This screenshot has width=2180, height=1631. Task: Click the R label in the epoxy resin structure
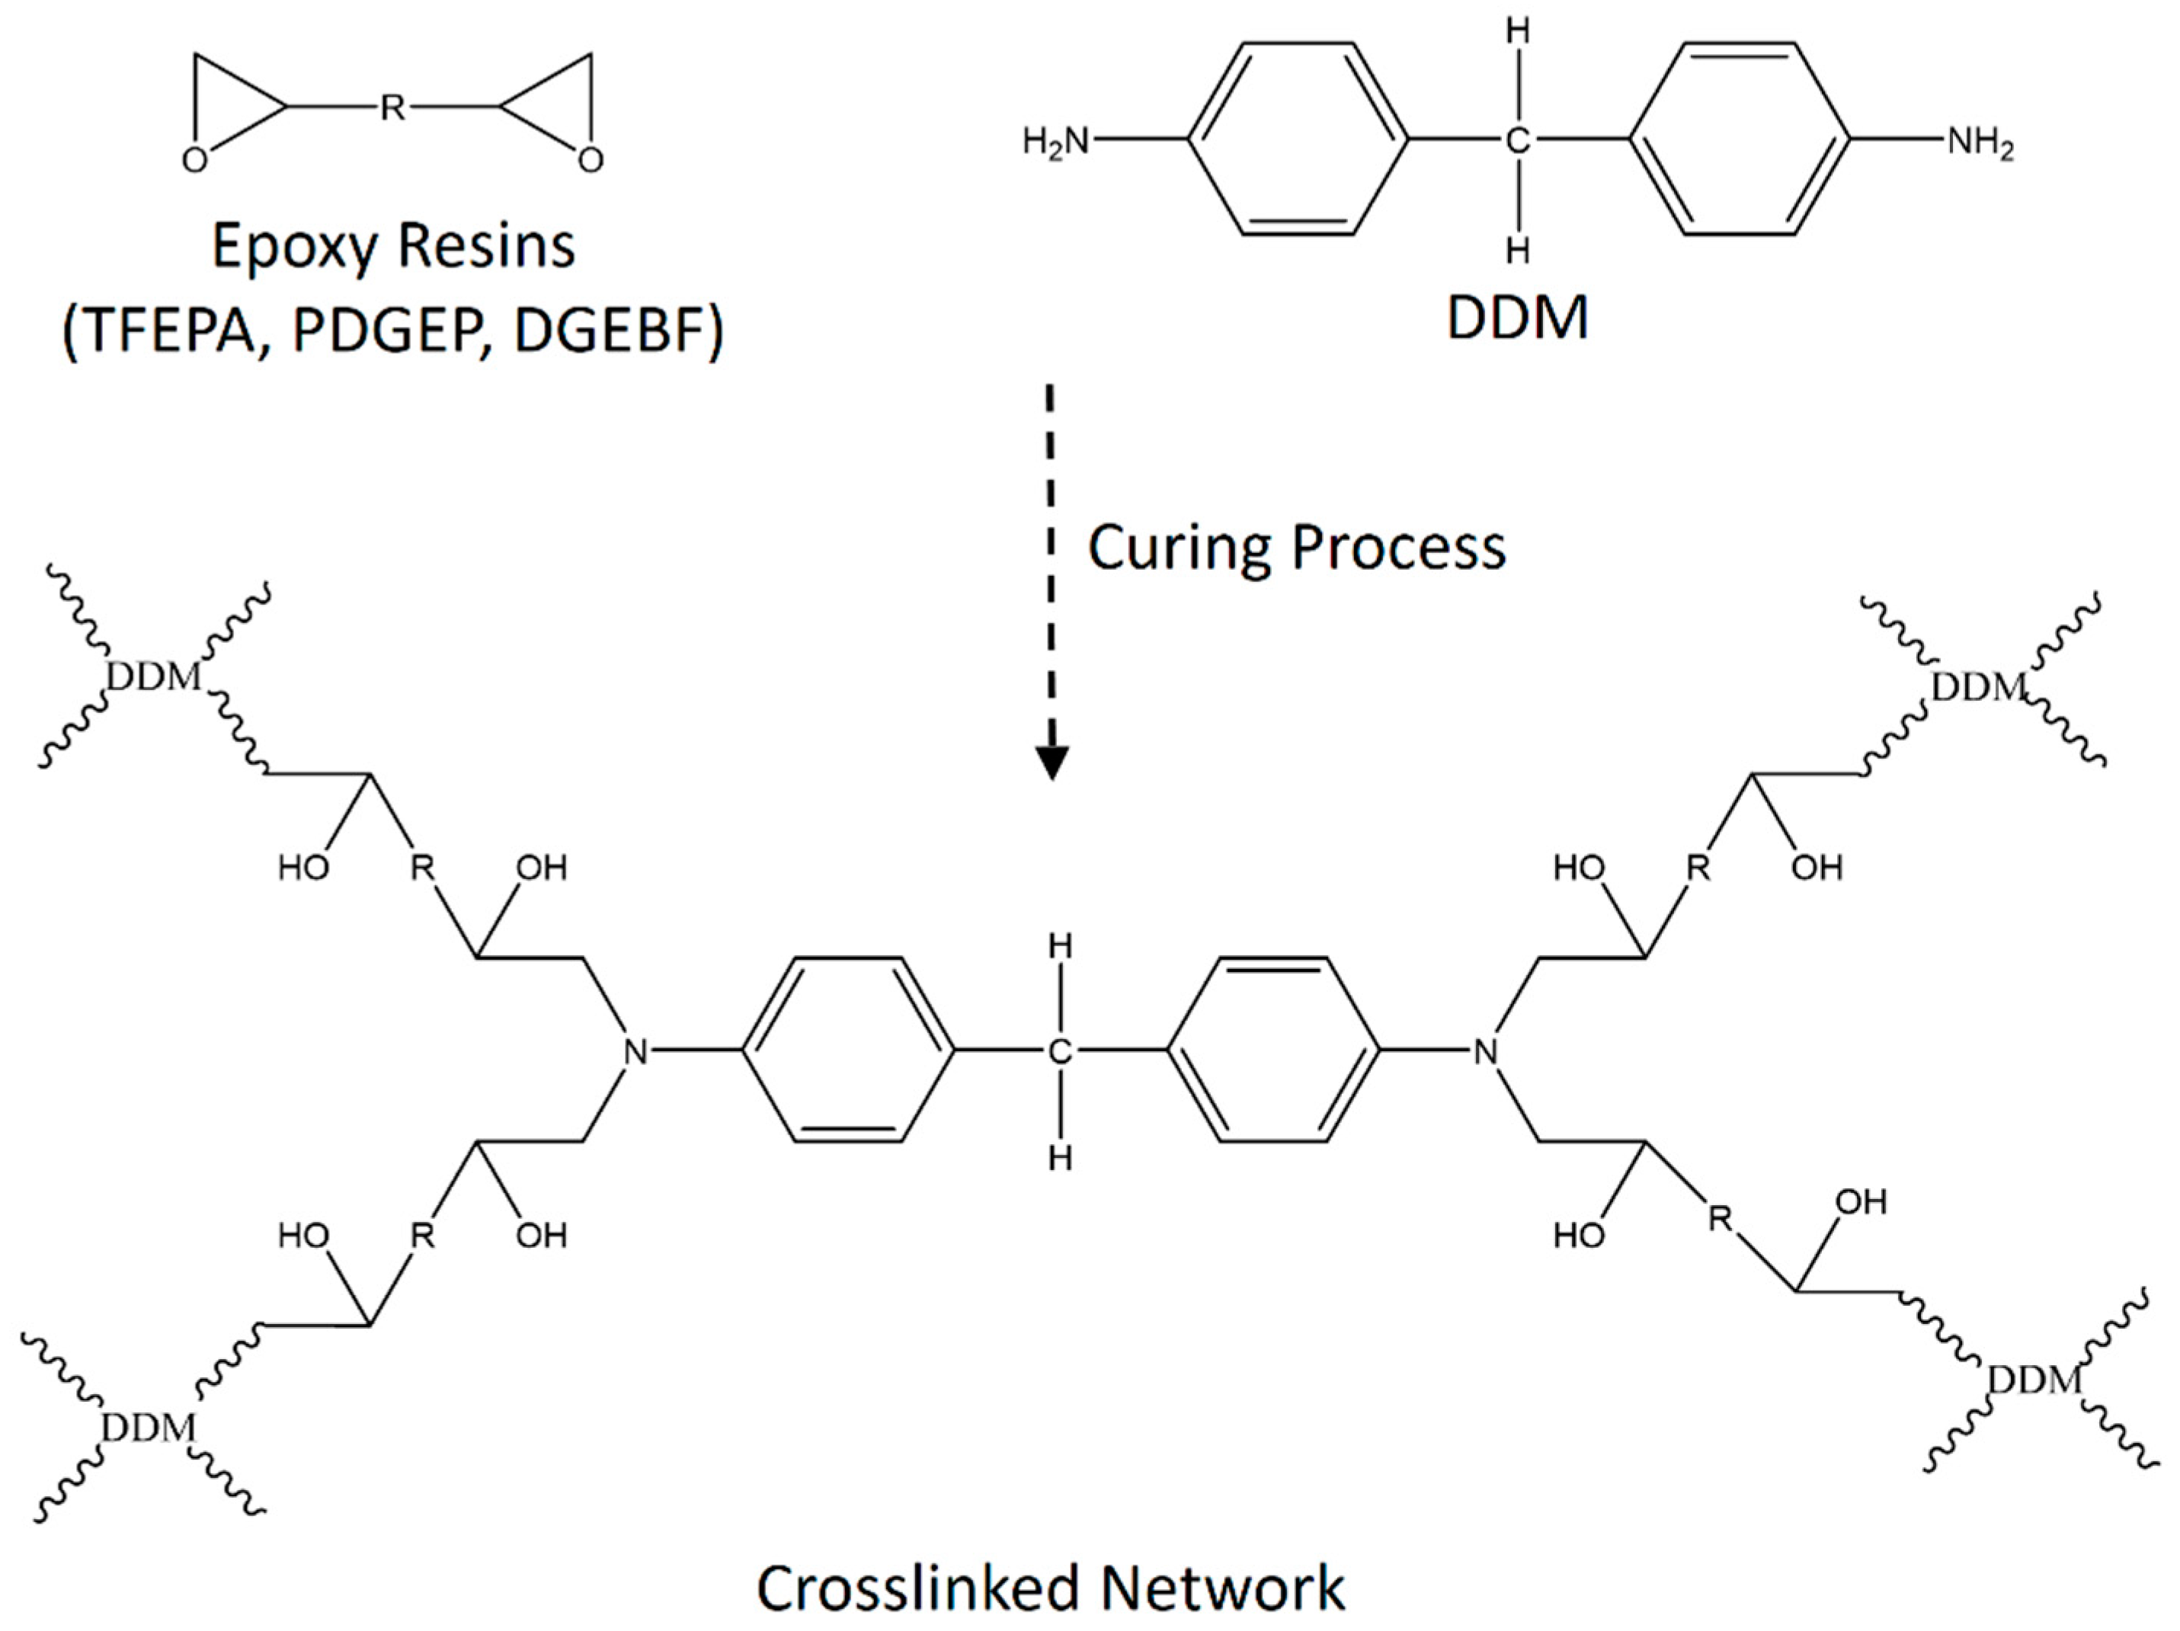[x=392, y=107]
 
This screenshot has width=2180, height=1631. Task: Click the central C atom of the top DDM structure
[x=1518, y=142]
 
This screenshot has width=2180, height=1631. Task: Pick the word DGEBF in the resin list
[x=608, y=331]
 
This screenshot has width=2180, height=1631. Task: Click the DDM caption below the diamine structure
[x=1518, y=318]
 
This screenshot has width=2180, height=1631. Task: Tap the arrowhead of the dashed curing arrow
[x=1052, y=762]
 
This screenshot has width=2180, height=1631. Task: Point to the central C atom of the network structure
[x=1059, y=1053]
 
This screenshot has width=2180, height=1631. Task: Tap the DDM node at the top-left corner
[x=154, y=678]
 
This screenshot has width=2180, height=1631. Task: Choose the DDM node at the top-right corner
[x=1977, y=687]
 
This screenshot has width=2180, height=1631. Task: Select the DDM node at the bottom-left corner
[x=148, y=1427]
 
